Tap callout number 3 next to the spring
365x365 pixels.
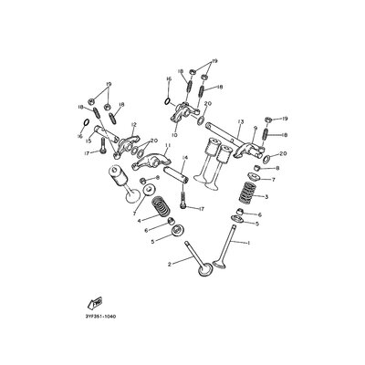[x=266, y=196]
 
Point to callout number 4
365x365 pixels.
[x=139, y=220]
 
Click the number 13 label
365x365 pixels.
[x=241, y=120]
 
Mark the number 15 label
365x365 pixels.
[x=113, y=140]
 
